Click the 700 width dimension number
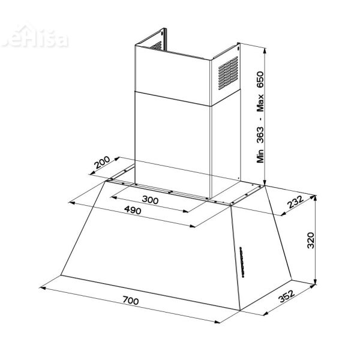[x=130, y=300]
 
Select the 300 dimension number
[x=151, y=200]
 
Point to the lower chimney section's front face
[x=173, y=141]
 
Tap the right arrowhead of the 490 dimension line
[x=194, y=226]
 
